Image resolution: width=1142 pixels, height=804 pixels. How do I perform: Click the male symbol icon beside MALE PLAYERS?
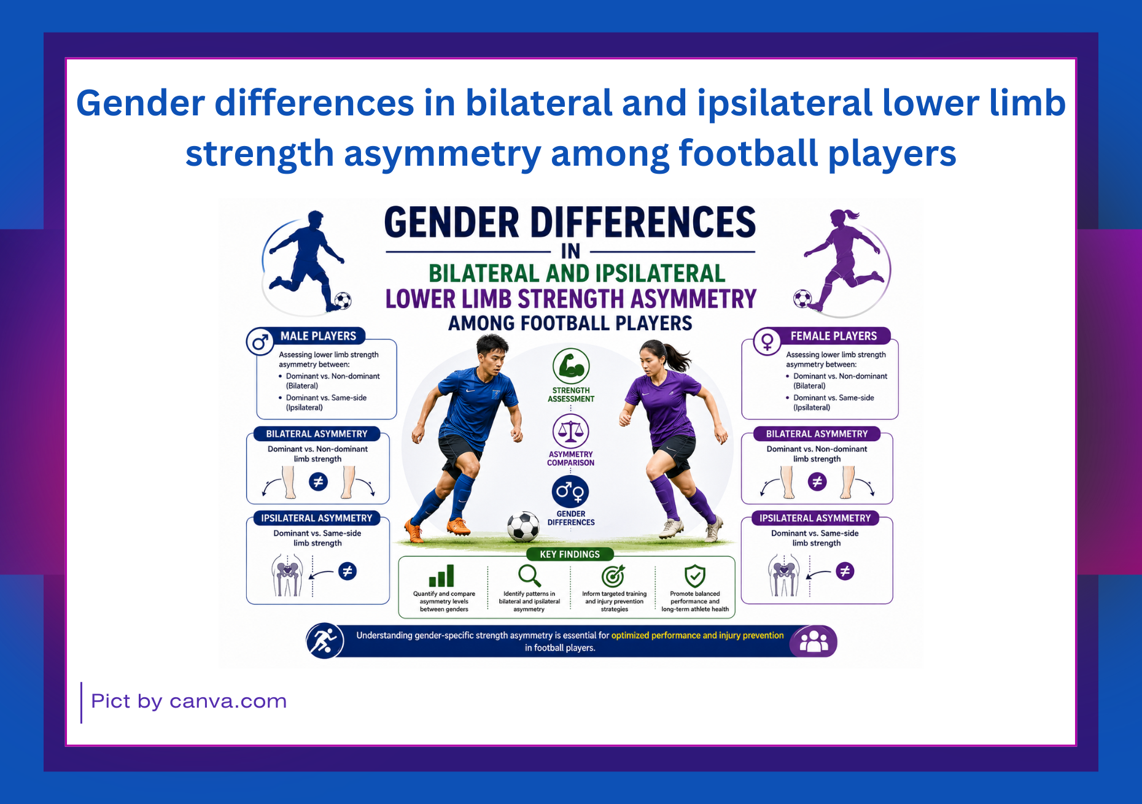[x=260, y=342]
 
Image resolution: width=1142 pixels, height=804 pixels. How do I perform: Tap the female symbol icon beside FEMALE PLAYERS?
[x=767, y=341]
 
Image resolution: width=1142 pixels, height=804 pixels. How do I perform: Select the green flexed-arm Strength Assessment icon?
[x=571, y=366]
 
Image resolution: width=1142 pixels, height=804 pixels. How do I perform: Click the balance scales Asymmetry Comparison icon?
[x=571, y=431]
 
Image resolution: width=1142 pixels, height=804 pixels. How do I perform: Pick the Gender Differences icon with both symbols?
[x=570, y=492]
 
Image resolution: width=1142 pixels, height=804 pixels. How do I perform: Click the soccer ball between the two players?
[x=524, y=526]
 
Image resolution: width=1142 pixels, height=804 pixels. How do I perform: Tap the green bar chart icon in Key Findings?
[x=441, y=576]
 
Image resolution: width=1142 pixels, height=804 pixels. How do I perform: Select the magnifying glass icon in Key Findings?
[x=529, y=576]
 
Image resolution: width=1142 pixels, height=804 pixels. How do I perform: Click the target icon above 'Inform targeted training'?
[x=613, y=576]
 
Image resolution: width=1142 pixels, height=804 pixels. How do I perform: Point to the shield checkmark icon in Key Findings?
[x=695, y=576]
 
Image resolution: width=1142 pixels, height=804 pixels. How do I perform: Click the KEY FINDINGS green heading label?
[x=570, y=554]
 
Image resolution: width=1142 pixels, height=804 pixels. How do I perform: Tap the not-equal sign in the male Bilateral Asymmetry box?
[x=318, y=482]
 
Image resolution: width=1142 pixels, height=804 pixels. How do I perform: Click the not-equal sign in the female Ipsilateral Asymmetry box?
[x=845, y=571]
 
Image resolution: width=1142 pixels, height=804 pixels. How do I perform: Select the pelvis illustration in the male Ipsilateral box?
[x=287, y=575]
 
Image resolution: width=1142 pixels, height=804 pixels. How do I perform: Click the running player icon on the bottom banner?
[x=325, y=641]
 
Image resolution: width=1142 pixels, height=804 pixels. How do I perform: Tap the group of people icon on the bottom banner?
[x=814, y=641]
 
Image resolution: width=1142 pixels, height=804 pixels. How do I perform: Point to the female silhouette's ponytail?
[x=850, y=215]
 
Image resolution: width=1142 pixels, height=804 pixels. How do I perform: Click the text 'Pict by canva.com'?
[x=189, y=702]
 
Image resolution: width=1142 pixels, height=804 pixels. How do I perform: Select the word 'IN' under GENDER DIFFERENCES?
[x=570, y=251]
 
